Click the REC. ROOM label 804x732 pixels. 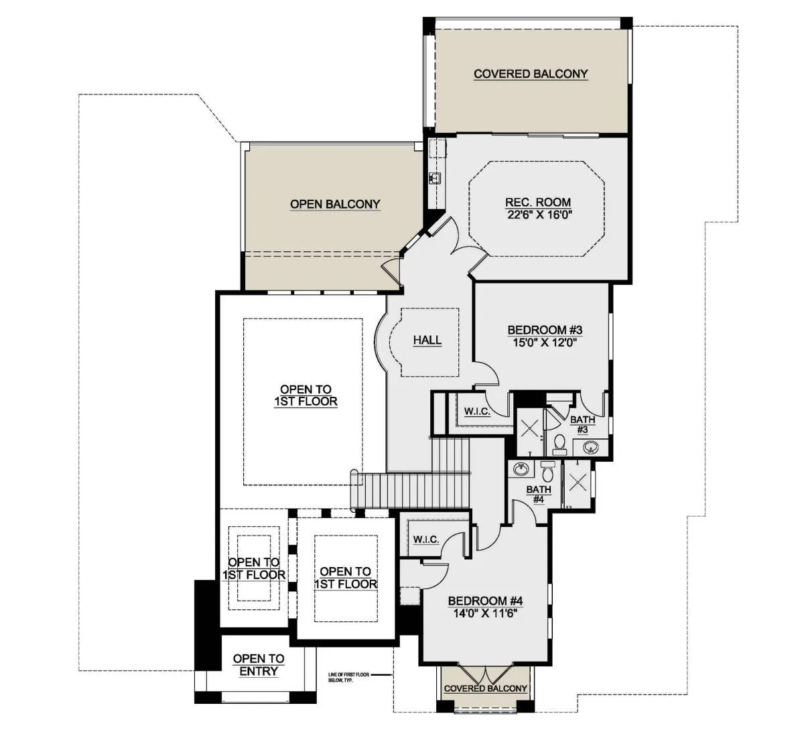point(538,202)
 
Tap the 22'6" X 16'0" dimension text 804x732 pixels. point(539,215)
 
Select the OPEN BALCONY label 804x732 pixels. point(335,204)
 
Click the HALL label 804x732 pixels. point(427,340)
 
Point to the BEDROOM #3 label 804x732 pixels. point(545,330)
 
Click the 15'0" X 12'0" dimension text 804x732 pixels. point(545,343)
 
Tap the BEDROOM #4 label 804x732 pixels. point(485,601)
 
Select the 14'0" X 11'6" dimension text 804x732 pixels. point(485,613)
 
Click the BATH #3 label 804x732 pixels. point(582,424)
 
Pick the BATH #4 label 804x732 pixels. point(538,494)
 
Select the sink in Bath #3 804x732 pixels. point(590,446)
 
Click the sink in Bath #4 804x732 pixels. point(521,469)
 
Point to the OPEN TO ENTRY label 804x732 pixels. point(259,664)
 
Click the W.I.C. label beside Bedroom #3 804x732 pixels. point(477,411)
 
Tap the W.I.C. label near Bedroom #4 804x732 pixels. point(426,540)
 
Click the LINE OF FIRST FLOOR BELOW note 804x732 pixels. point(348,678)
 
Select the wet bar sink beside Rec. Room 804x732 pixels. point(435,178)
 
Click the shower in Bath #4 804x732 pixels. point(577,483)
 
